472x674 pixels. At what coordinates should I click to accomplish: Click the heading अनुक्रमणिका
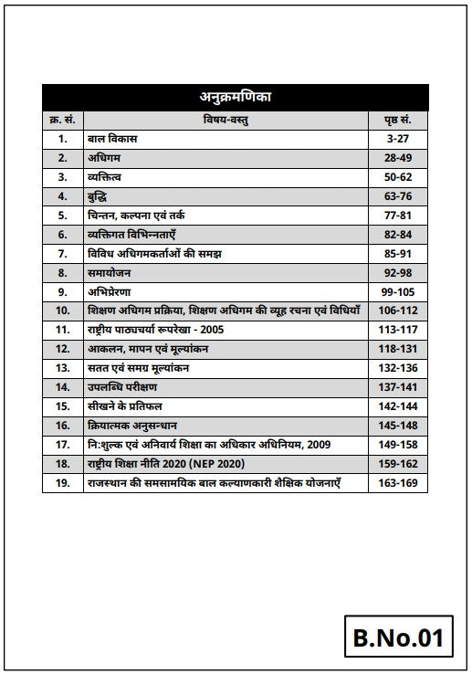(236, 97)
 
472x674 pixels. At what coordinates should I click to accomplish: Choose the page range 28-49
(395, 158)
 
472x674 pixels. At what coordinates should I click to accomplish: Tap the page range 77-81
(395, 216)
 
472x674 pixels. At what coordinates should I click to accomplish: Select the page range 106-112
(395, 311)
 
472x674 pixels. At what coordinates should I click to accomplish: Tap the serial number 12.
(62, 349)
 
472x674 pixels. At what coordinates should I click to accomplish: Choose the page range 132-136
(395, 368)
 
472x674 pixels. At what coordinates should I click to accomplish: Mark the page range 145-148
(395, 425)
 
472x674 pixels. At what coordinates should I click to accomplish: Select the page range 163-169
(395, 482)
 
